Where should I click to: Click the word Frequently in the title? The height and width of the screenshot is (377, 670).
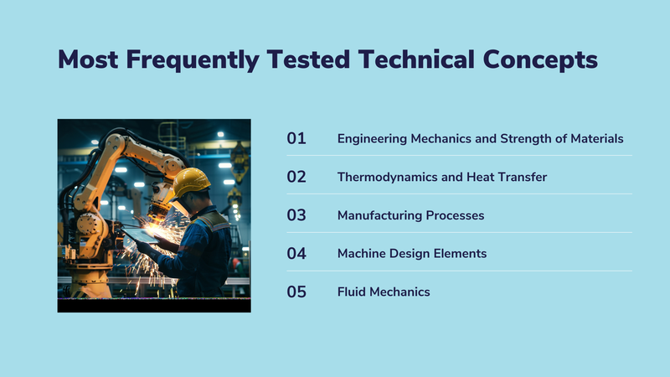pyautogui.click(x=193, y=59)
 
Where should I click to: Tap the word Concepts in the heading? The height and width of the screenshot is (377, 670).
pyautogui.click(x=540, y=59)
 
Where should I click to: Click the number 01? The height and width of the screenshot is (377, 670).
pyautogui.click(x=296, y=138)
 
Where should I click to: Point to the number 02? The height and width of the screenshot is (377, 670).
pyautogui.click(x=296, y=177)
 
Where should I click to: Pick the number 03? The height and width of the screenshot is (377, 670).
pyautogui.click(x=296, y=215)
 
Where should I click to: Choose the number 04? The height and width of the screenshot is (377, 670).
pyautogui.click(x=296, y=254)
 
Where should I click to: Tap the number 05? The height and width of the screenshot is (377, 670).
pyautogui.click(x=296, y=292)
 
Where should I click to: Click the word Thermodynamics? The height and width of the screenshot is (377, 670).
pyautogui.click(x=376, y=178)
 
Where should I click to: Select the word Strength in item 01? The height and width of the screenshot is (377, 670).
pyautogui.click(x=526, y=139)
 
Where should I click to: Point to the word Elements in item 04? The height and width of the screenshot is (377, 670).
pyautogui.click(x=460, y=254)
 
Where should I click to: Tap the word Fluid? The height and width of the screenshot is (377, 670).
pyautogui.click(x=352, y=292)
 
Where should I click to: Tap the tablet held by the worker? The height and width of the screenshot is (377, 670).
pyautogui.click(x=140, y=235)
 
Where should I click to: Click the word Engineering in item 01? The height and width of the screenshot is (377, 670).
pyautogui.click(x=372, y=139)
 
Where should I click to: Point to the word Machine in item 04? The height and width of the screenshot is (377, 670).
pyautogui.click(x=362, y=254)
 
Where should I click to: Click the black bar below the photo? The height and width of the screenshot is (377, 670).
pyautogui.click(x=154, y=305)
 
